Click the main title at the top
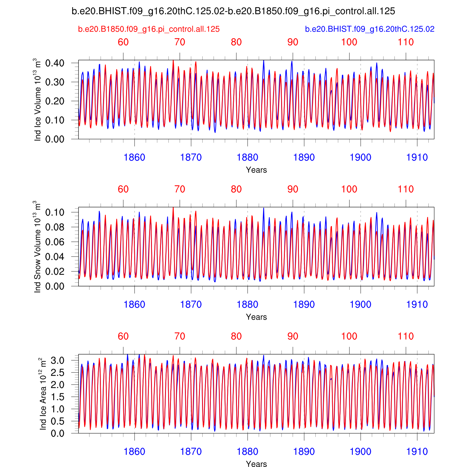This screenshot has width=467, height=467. [233, 12]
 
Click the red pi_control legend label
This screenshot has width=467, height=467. [149, 29]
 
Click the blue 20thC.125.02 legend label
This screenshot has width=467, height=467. [370, 29]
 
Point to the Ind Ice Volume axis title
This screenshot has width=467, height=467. [37, 100]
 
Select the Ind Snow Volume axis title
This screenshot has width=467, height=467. [37, 247]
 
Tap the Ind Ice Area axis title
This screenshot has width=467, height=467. [43, 394]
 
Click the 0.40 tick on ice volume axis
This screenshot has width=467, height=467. [55, 63]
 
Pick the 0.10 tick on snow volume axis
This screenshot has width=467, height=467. [55, 212]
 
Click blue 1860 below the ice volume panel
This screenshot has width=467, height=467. [134, 158]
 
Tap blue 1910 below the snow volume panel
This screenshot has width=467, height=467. [417, 304]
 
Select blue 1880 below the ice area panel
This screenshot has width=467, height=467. [247, 452]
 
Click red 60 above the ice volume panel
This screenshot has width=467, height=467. [123, 42]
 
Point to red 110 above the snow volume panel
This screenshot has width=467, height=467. [406, 189]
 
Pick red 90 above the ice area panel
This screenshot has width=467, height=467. [293, 336]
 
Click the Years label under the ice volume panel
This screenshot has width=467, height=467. [256, 170]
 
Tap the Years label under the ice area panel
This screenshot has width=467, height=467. [256, 464]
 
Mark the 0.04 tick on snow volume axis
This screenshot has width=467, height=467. [55, 257]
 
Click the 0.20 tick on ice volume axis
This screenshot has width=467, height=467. [55, 101]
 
